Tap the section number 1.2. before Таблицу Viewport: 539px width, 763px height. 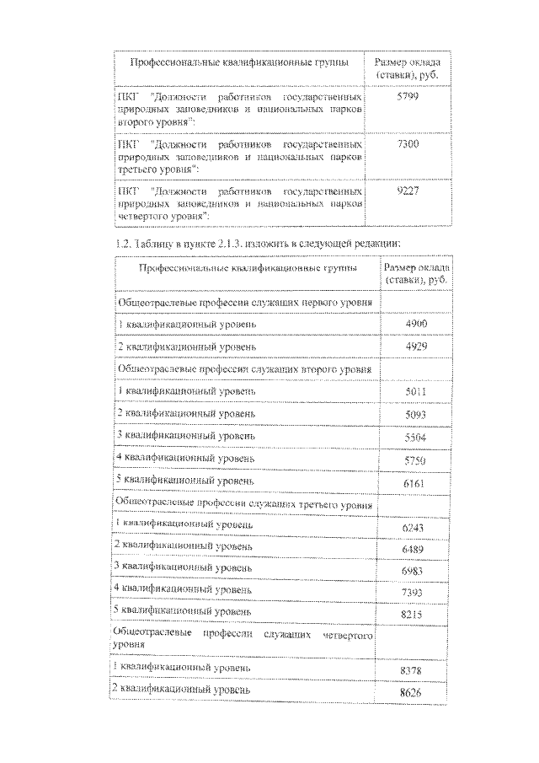123,243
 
